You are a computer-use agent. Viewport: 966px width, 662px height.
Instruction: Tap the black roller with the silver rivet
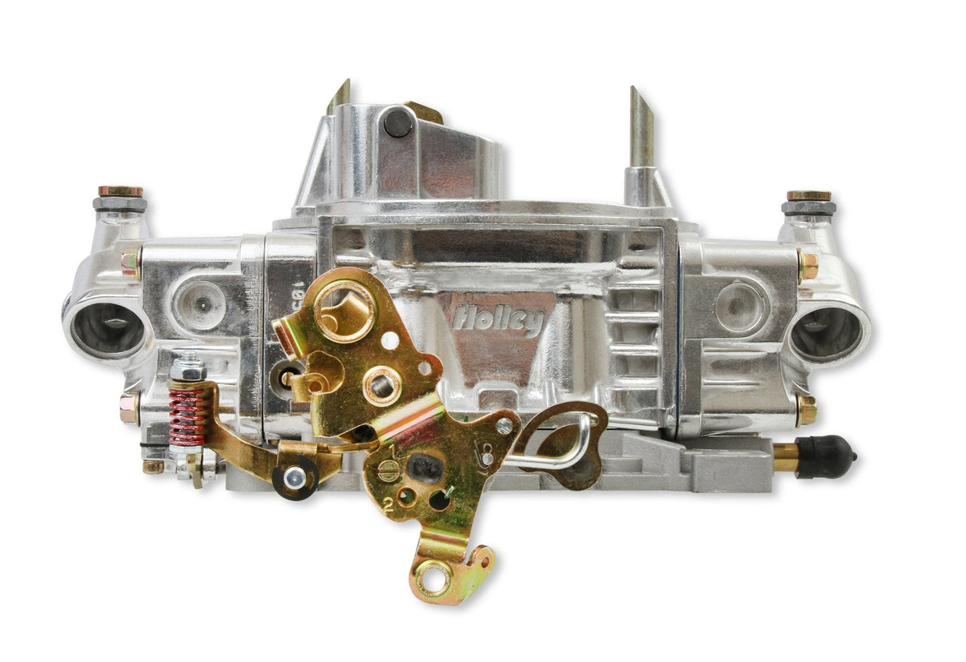click(x=295, y=478)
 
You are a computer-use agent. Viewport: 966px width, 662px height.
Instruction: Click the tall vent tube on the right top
click(x=642, y=128)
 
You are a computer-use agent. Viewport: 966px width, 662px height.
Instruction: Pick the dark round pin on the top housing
click(x=398, y=122)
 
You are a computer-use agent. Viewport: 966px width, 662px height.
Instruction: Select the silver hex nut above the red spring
click(x=187, y=369)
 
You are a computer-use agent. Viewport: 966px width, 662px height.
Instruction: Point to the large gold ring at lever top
click(x=344, y=307)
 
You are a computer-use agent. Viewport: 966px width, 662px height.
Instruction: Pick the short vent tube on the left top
click(x=339, y=97)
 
